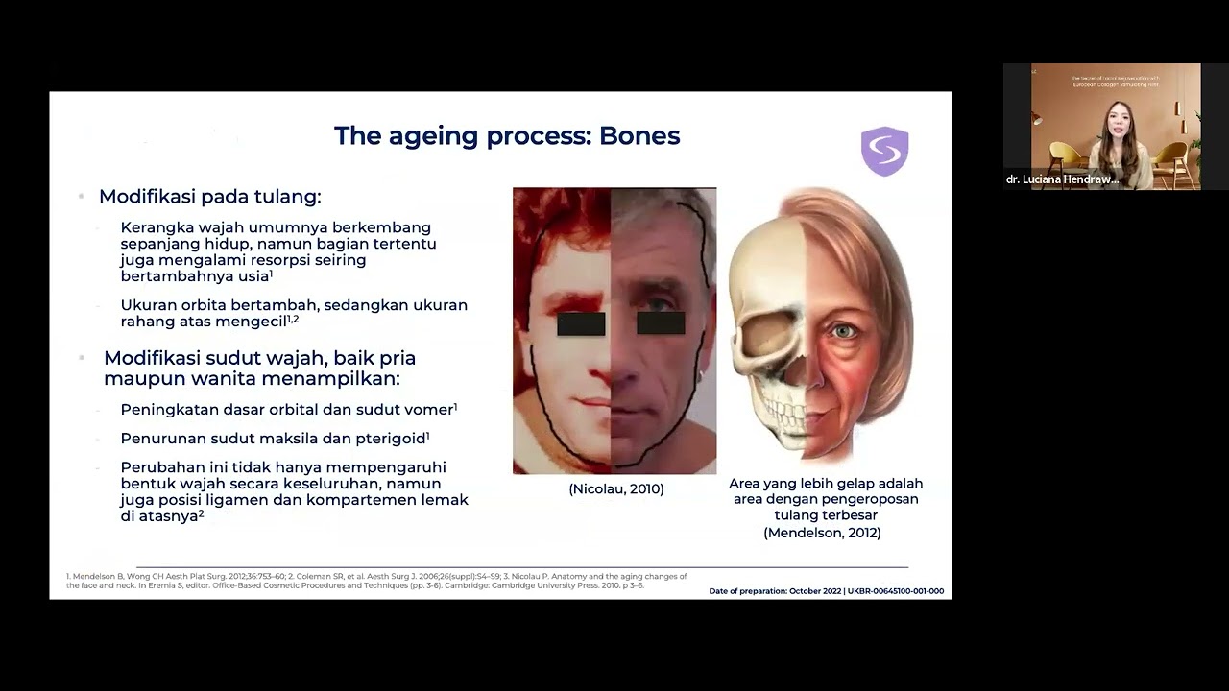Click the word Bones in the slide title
click(639, 136)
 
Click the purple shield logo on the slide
click(884, 152)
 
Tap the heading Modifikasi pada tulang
click(209, 197)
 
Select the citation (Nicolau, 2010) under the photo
click(615, 489)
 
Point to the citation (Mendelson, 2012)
click(822, 533)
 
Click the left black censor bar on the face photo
click(581, 324)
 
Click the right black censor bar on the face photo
click(661, 323)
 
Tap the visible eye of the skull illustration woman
click(845, 331)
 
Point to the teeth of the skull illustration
click(783, 414)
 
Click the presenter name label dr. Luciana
click(1062, 179)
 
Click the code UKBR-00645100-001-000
click(895, 591)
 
